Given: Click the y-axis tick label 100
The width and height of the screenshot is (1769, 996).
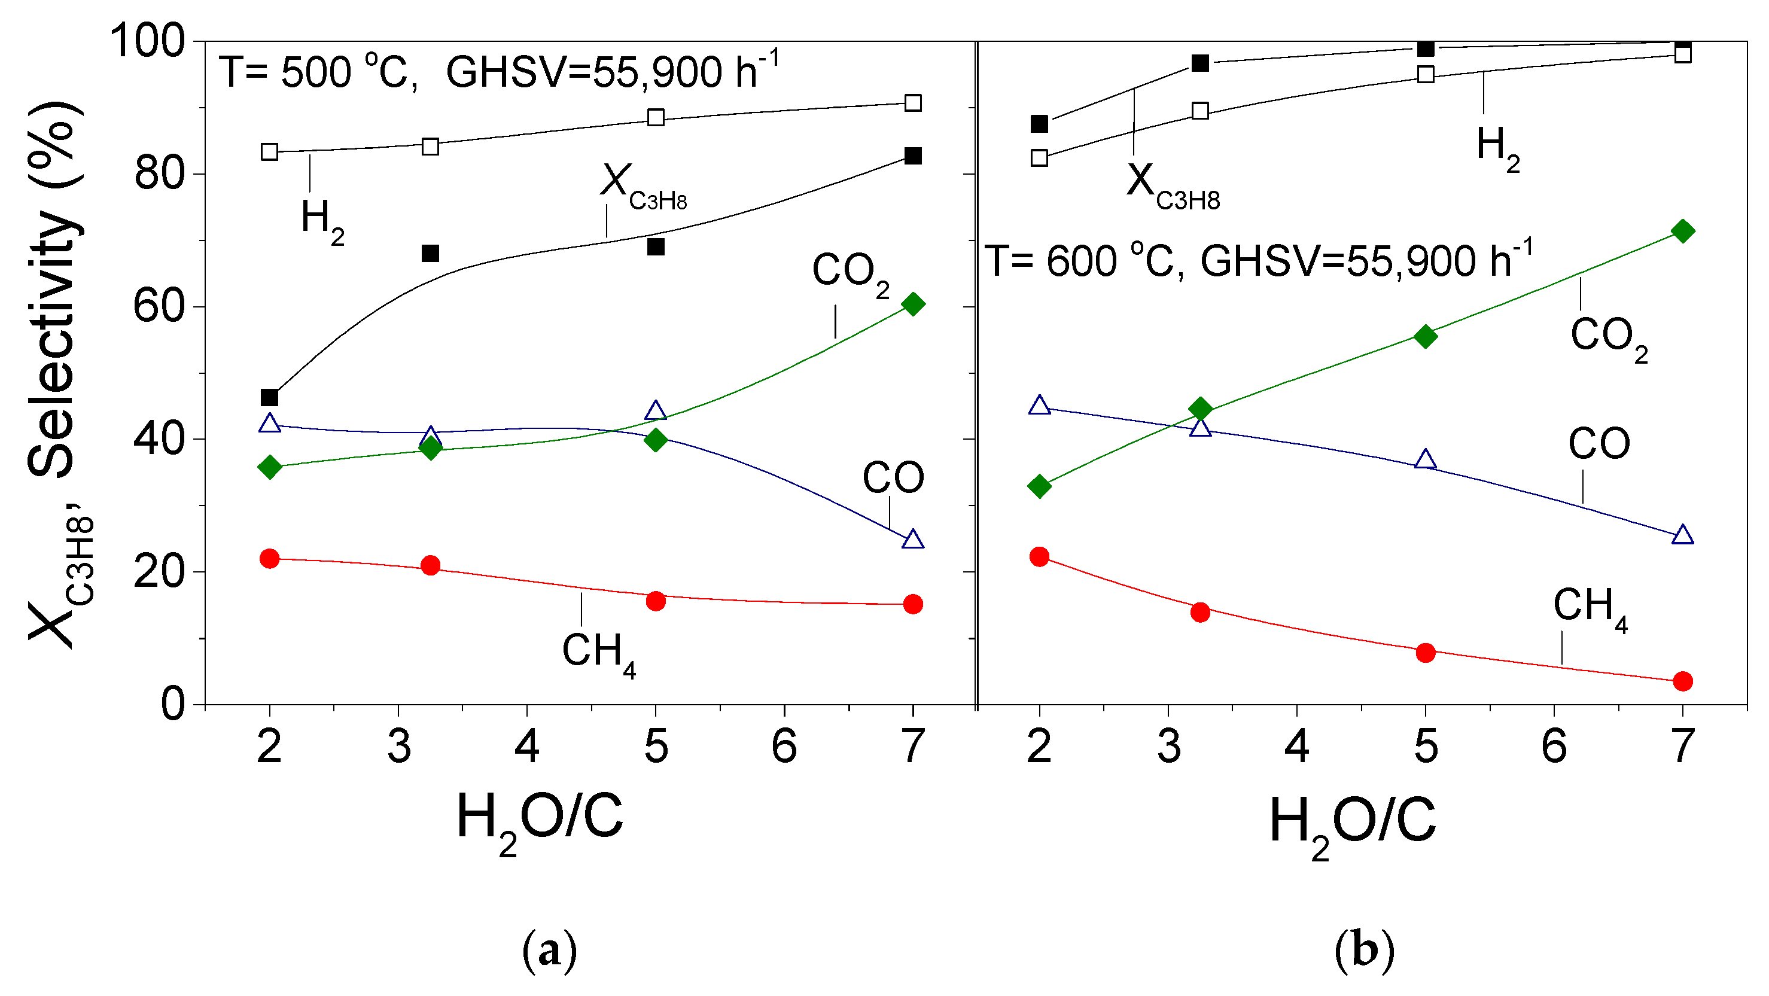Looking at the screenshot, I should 147,41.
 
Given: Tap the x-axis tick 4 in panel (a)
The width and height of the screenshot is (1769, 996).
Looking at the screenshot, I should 526,747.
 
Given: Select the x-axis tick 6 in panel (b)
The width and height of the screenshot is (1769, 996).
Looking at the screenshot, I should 1554,747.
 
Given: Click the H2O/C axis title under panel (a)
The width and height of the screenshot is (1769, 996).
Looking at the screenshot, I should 540,820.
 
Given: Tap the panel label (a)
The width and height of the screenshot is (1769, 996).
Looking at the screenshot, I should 549,951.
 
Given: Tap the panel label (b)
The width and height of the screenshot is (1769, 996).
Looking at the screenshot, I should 1365,951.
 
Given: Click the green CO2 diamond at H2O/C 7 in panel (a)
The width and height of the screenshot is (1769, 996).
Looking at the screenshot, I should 913,304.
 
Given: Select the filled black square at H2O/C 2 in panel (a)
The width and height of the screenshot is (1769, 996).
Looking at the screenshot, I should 270,397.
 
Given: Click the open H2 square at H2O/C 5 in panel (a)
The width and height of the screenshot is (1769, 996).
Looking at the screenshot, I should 656,117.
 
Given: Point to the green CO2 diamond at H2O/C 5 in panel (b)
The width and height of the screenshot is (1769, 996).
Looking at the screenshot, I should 1426,336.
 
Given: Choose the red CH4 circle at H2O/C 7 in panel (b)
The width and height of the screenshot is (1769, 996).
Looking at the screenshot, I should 1682,681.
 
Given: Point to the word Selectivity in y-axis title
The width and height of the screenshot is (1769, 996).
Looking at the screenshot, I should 51,343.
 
